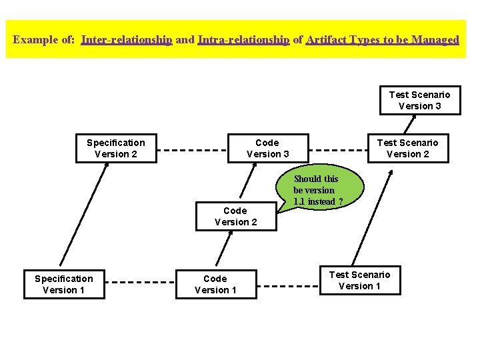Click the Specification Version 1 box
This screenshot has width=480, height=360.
(64, 284)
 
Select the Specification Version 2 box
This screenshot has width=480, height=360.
(116, 148)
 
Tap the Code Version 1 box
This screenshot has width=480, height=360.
(215, 284)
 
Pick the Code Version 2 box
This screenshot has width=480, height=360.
(235, 216)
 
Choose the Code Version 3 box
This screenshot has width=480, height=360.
(267, 148)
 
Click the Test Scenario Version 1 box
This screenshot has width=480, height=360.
(360, 280)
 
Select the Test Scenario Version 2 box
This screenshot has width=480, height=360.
(407, 148)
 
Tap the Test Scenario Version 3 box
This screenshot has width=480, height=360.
(419, 100)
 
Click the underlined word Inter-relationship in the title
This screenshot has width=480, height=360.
(127, 39)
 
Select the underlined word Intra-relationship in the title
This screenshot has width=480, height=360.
(243, 39)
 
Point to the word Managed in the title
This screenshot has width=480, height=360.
(435, 39)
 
